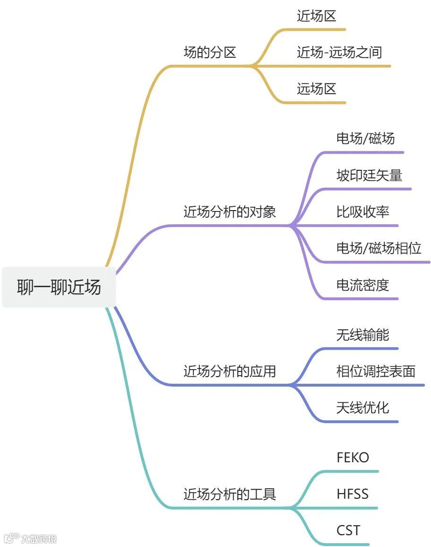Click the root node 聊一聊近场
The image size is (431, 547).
pyautogui.click(x=59, y=287)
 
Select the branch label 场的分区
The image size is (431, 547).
pyautogui.click(x=209, y=53)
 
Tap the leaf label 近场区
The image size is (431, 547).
pyautogui.click(x=316, y=16)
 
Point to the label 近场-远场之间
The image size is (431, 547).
pyautogui.click(x=339, y=53)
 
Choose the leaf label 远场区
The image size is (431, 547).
pyautogui.click(x=316, y=88)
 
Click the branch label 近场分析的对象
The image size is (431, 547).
pyautogui.click(x=229, y=212)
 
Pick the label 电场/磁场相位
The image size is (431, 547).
pyautogui.click(x=378, y=248)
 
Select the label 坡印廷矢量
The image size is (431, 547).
pyautogui.click(x=369, y=176)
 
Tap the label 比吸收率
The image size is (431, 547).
pyautogui.click(x=362, y=212)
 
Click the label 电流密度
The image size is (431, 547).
pyautogui.click(x=362, y=285)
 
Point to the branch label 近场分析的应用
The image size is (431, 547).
pyautogui.click(x=229, y=371)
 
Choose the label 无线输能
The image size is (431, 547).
pyautogui.click(x=362, y=335)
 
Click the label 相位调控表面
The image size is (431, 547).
pyautogui.click(x=376, y=371)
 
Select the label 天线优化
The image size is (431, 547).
pyautogui.click(x=362, y=407)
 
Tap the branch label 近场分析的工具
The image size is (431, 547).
pyautogui.click(x=229, y=494)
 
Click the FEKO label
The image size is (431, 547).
pyautogui.click(x=353, y=458)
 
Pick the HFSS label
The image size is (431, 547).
pyautogui.click(x=352, y=494)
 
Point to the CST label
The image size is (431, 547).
pyautogui.click(x=348, y=530)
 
